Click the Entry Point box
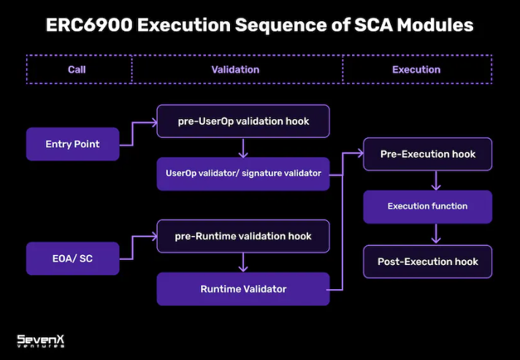pyautogui.click(x=72, y=144)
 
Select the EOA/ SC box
pyautogui.click(x=72, y=258)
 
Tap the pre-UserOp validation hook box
pyautogui.click(x=242, y=121)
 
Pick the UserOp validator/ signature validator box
pyautogui.click(x=242, y=174)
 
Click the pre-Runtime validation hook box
pyautogui.click(x=242, y=236)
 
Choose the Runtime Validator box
pyautogui.click(x=242, y=289)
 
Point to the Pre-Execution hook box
pyautogui.click(x=427, y=154)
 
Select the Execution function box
pyautogui.click(x=427, y=207)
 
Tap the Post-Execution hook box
pyautogui.click(x=427, y=261)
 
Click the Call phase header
pyautogui.click(x=77, y=69)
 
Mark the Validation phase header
pyautogui.click(x=235, y=69)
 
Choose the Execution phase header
pyautogui.click(x=416, y=69)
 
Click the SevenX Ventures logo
pyautogui.click(x=41, y=341)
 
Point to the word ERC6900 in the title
pyautogui.click(x=88, y=25)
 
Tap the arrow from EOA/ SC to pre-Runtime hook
pyautogui.click(x=139, y=245)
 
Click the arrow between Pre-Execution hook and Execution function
pyautogui.click(x=436, y=180)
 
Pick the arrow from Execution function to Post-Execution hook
pyautogui.click(x=436, y=234)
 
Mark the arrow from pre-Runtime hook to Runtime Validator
pyautogui.click(x=242, y=262)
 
